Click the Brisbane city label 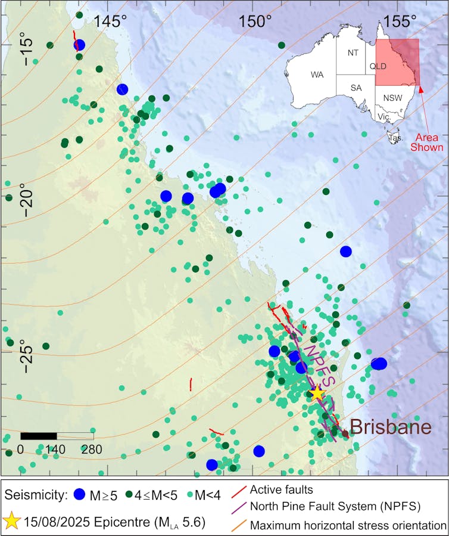point(390,427)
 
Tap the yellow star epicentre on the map point(317,393)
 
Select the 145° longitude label point(111,21)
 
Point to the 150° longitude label point(256,21)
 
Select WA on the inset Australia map point(316,75)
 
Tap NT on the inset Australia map point(353,52)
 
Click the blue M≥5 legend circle point(80,494)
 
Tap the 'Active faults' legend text point(281,490)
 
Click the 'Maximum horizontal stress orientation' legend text point(348,525)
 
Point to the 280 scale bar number point(92,449)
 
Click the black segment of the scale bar point(39,436)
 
